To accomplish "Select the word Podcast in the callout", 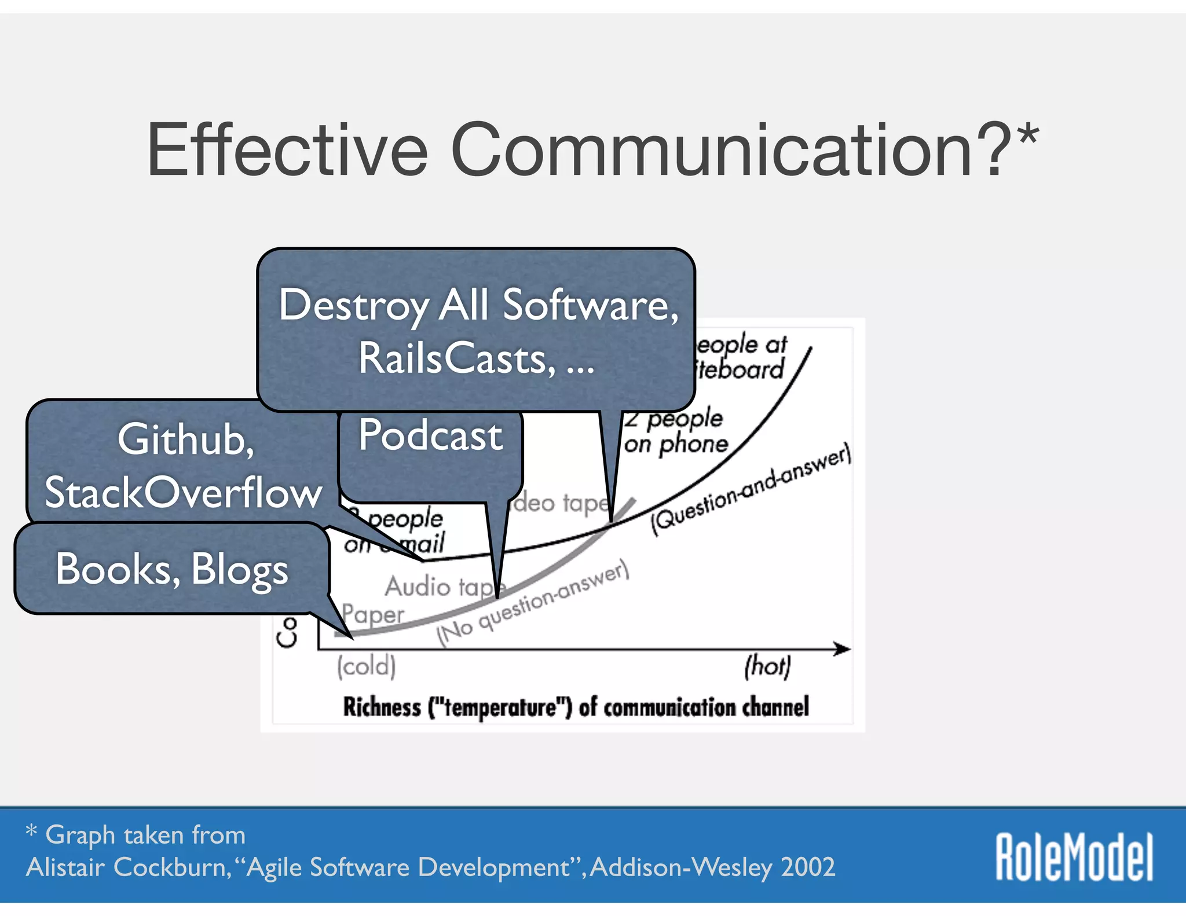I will tap(430, 435).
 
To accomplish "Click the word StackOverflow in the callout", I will tap(183, 493).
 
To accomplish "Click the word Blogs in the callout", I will tap(239, 570).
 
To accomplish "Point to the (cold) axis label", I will tap(367, 666).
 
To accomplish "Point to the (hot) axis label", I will tap(767, 666).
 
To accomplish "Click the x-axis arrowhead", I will tap(843, 649).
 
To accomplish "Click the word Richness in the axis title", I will tap(382, 707).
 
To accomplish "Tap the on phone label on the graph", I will tap(676, 445).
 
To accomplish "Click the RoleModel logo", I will tap(1074, 856).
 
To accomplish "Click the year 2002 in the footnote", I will tap(807, 867).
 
